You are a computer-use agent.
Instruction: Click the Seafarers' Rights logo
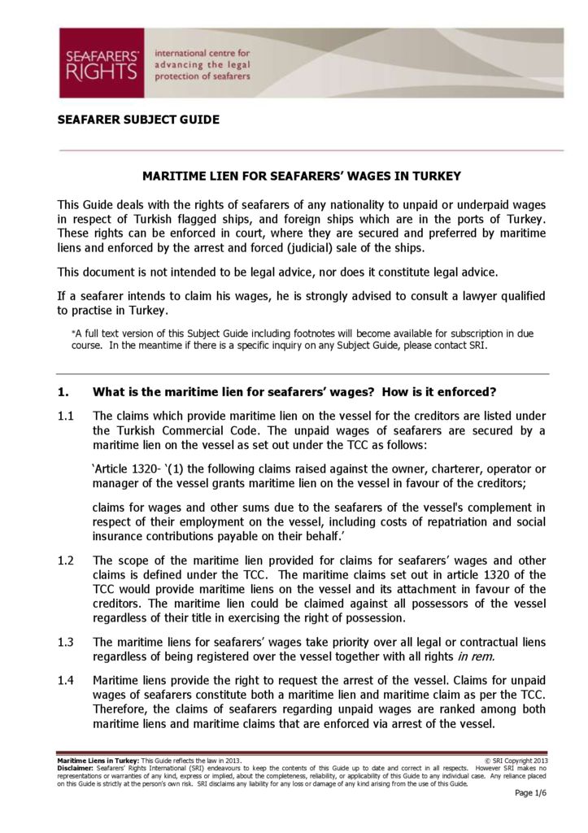pyautogui.click(x=101, y=63)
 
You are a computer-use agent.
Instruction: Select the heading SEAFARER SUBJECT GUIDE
pyautogui.click(x=138, y=120)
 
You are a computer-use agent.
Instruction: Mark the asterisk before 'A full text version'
pyautogui.click(x=73, y=334)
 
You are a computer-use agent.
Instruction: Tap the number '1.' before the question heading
pyautogui.click(x=63, y=392)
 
